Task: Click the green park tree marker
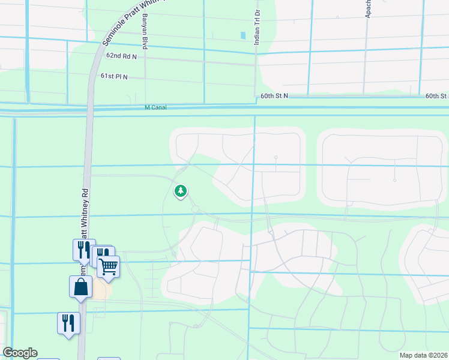coord(180,191)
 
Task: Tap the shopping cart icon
coord(109,266)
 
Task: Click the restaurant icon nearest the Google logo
coord(68,323)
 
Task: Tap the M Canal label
coord(155,107)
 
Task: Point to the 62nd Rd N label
coord(121,56)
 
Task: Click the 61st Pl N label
coord(115,76)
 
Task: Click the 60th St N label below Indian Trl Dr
coord(274,96)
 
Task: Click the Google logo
coord(20,353)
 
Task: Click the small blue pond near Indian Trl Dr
coord(243,35)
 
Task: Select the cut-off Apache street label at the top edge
coord(368,8)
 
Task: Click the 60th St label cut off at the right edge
coord(437,96)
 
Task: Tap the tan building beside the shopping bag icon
coord(101,291)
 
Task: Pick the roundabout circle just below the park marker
coord(195,209)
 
